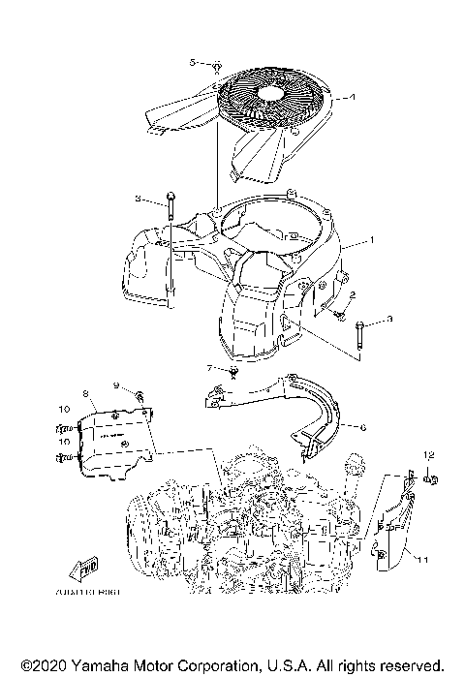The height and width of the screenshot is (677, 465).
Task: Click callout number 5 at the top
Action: [x=193, y=62]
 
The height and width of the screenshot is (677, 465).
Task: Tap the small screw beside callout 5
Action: [x=218, y=67]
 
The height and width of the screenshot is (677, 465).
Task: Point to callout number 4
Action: [x=353, y=97]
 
